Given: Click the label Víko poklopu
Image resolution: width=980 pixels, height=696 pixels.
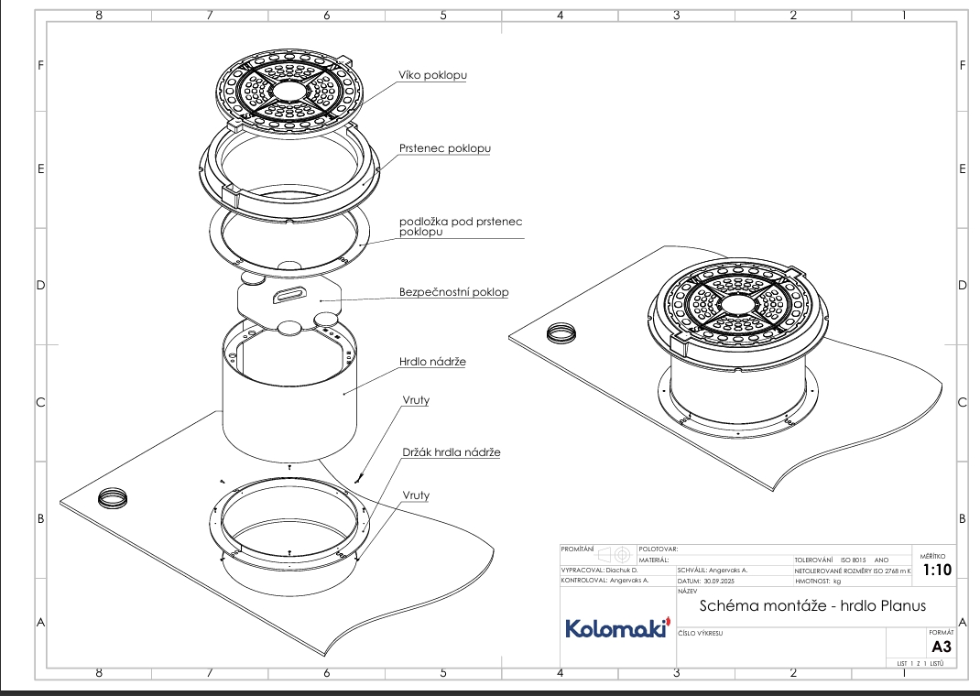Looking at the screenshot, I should click(x=432, y=75).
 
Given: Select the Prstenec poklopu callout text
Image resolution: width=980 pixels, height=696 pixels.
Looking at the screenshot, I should click(x=444, y=148).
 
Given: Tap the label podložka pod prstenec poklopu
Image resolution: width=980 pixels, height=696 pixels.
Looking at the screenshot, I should click(x=460, y=227).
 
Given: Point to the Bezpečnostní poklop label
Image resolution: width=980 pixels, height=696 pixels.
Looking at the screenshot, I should click(x=453, y=293).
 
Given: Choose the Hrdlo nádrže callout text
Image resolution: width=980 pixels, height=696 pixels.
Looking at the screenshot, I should click(x=432, y=362).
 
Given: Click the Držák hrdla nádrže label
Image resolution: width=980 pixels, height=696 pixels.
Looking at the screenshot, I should click(x=452, y=452).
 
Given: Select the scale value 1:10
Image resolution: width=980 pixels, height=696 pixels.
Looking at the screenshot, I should click(x=937, y=570).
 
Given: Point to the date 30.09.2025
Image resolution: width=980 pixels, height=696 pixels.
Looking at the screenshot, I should click(x=726, y=581).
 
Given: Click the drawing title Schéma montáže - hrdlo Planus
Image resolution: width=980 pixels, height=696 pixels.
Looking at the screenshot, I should click(x=812, y=605).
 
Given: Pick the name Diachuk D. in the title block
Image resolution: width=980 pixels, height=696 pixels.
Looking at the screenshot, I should click(x=622, y=569).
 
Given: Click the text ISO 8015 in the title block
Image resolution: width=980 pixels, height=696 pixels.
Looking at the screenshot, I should click(x=853, y=560).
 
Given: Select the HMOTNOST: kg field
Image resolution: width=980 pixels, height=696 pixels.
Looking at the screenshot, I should click(x=818, y=581).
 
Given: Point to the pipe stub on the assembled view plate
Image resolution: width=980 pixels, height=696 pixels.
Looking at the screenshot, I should click(x=560, y=332).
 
